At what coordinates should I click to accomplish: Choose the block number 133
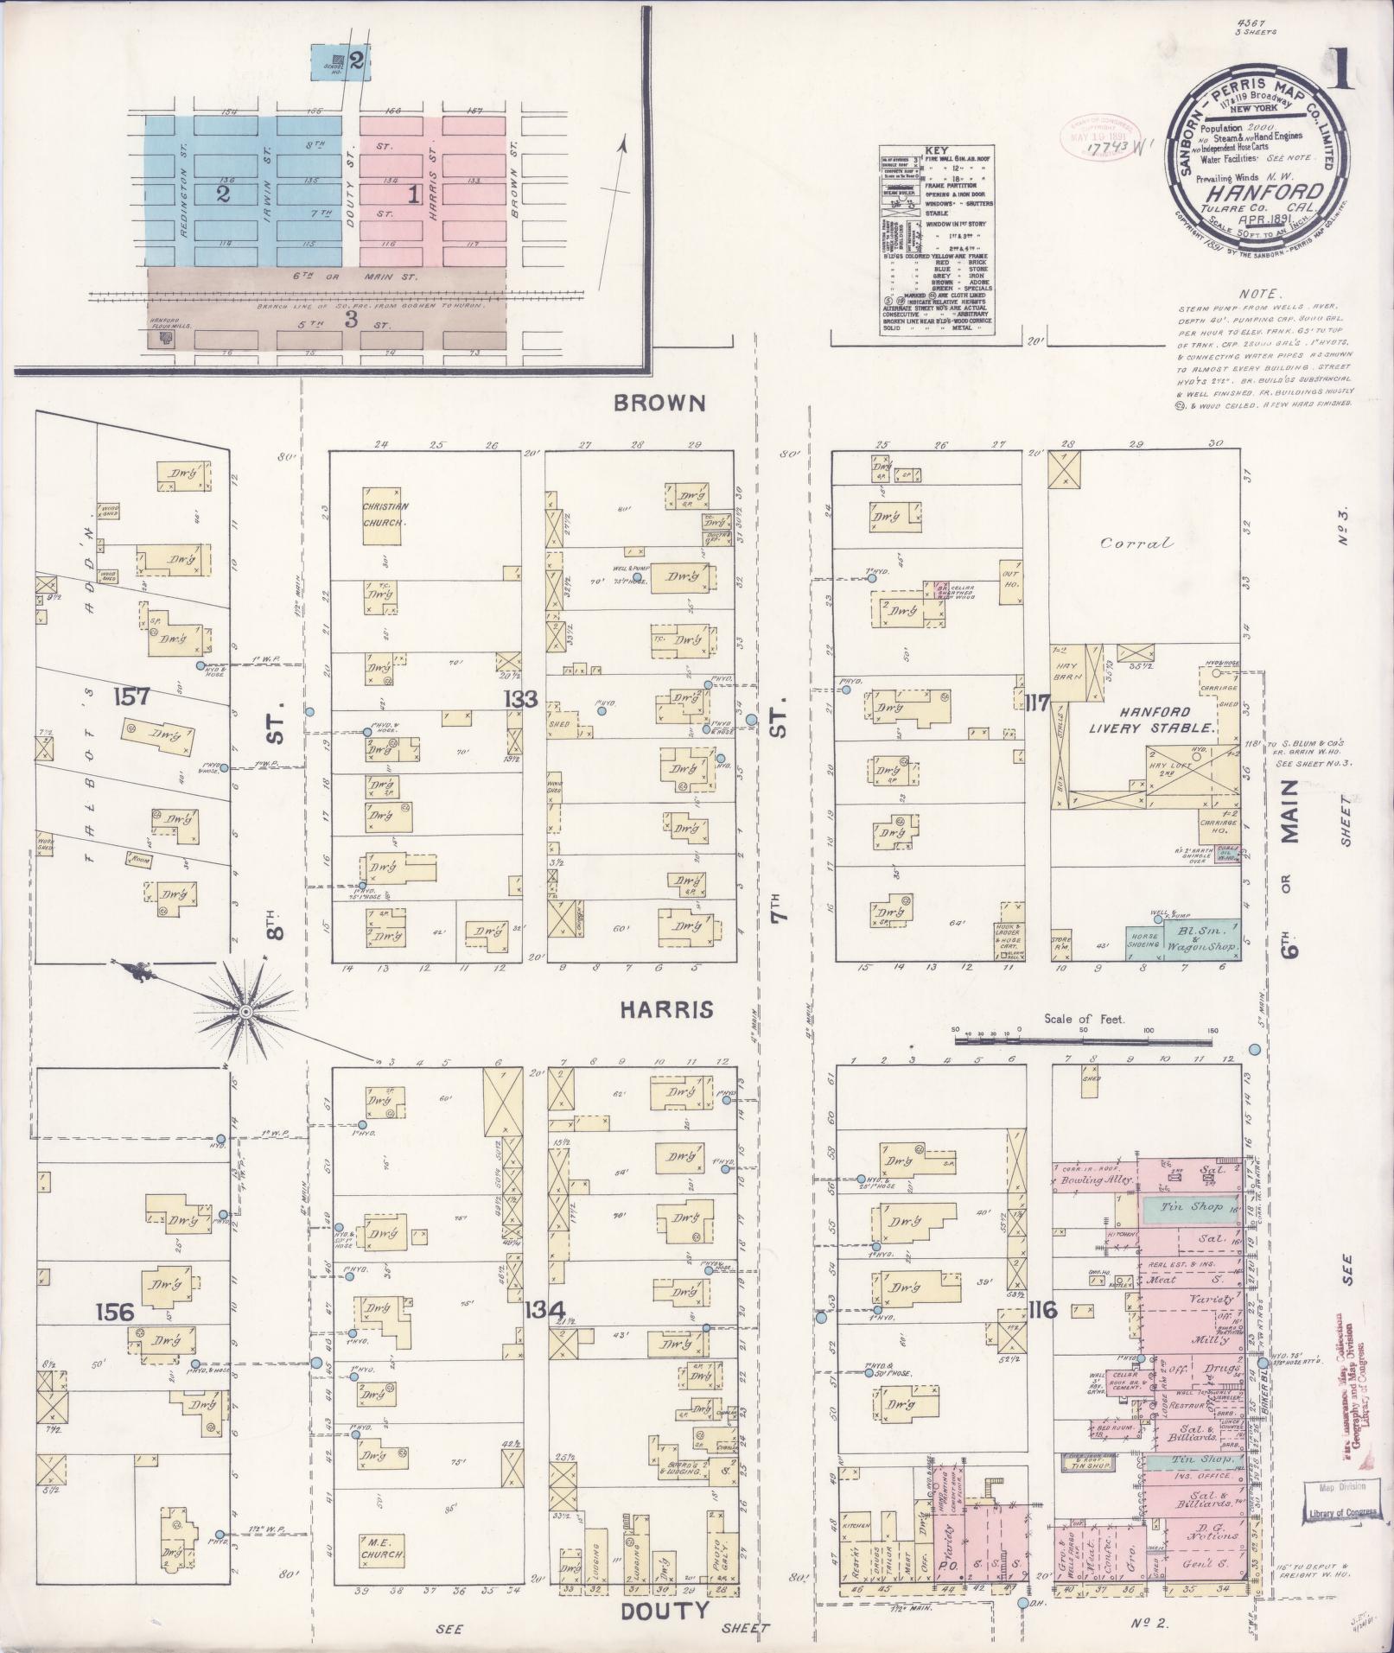click(525, 699)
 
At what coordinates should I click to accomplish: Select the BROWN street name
click(660, 403)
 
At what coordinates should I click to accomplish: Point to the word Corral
click(1137, 544)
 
